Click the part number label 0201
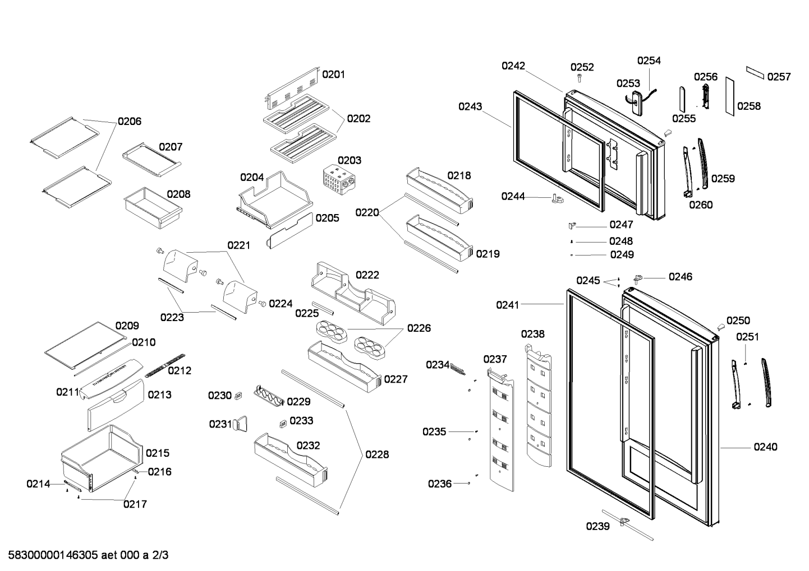coord(333,75)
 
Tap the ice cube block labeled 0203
coord(339,179)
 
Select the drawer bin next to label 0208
coord(153,208)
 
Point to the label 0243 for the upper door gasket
coord(470,106)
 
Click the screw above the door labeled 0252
coord(580,77)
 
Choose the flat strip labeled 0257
coord(756,72)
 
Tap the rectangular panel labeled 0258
coord(730,96)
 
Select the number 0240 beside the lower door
coord(765,447)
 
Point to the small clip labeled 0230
coord(238,396)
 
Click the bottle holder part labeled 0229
coord(269,396)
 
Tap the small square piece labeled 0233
coord(283,424)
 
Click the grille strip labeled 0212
coord(165,365)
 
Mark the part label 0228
coord(377,454)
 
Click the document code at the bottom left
coord(88,555)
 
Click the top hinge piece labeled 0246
coord(638,279)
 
